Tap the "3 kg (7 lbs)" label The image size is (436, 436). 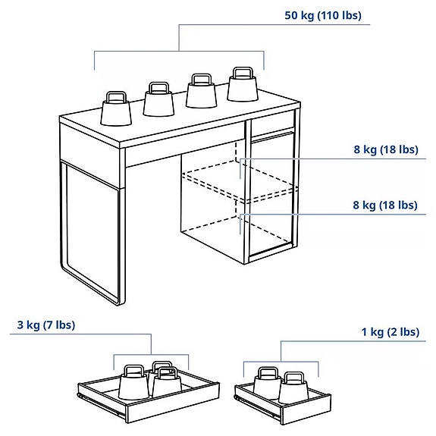46,325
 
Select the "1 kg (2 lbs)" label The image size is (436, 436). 390,332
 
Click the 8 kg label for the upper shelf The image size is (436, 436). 385,149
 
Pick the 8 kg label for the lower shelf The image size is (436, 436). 385,205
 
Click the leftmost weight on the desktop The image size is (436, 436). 116,111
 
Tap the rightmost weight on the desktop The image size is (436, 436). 243,86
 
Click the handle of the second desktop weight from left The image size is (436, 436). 158,88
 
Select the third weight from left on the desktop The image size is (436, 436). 200,95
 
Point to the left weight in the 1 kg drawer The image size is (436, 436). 266,384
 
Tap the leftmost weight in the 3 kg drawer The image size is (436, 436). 133,384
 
